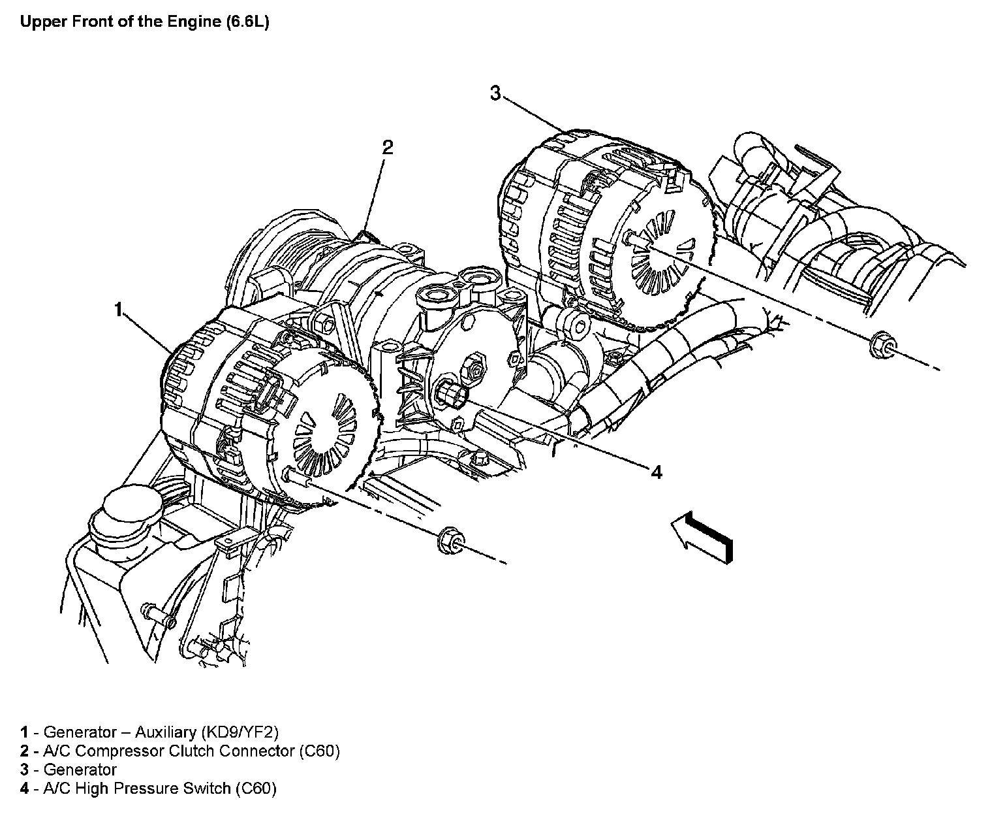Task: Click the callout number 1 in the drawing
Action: click(x=118, y=310)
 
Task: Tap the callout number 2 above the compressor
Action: click(x=388, y=147)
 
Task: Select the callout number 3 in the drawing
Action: click(x=496, y=94)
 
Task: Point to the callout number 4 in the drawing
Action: click(x=657, y=472)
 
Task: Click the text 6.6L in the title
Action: click(x=247, y=22)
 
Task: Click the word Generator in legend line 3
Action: click(x=80, y=770)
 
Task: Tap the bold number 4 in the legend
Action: click(x=24, y=789)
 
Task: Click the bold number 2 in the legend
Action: click(x=24, y=751)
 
